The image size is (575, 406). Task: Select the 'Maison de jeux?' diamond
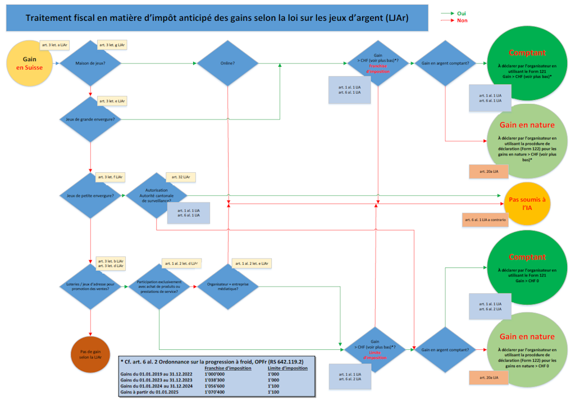pos(90,63)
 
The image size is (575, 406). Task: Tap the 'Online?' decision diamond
pos(227,63)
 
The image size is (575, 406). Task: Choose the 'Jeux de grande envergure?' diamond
pos(90,119)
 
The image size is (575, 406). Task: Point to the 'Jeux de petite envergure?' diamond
pos(90,196)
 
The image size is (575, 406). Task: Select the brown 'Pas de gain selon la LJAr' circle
pos(90,354)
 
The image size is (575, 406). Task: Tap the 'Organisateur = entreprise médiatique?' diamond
pos(227,287)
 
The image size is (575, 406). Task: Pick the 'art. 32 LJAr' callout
pos(180,177)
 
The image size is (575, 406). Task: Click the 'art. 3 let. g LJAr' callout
pos(112,44)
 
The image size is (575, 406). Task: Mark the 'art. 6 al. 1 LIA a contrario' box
pos(486,220)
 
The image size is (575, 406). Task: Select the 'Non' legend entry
pos(462,20)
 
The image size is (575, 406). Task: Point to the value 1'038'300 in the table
pos(216,380)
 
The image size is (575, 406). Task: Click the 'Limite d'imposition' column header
pos(287,368)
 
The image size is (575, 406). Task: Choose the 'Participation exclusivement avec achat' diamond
pos(159,287)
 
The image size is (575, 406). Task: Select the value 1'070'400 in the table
pos(216,393)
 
